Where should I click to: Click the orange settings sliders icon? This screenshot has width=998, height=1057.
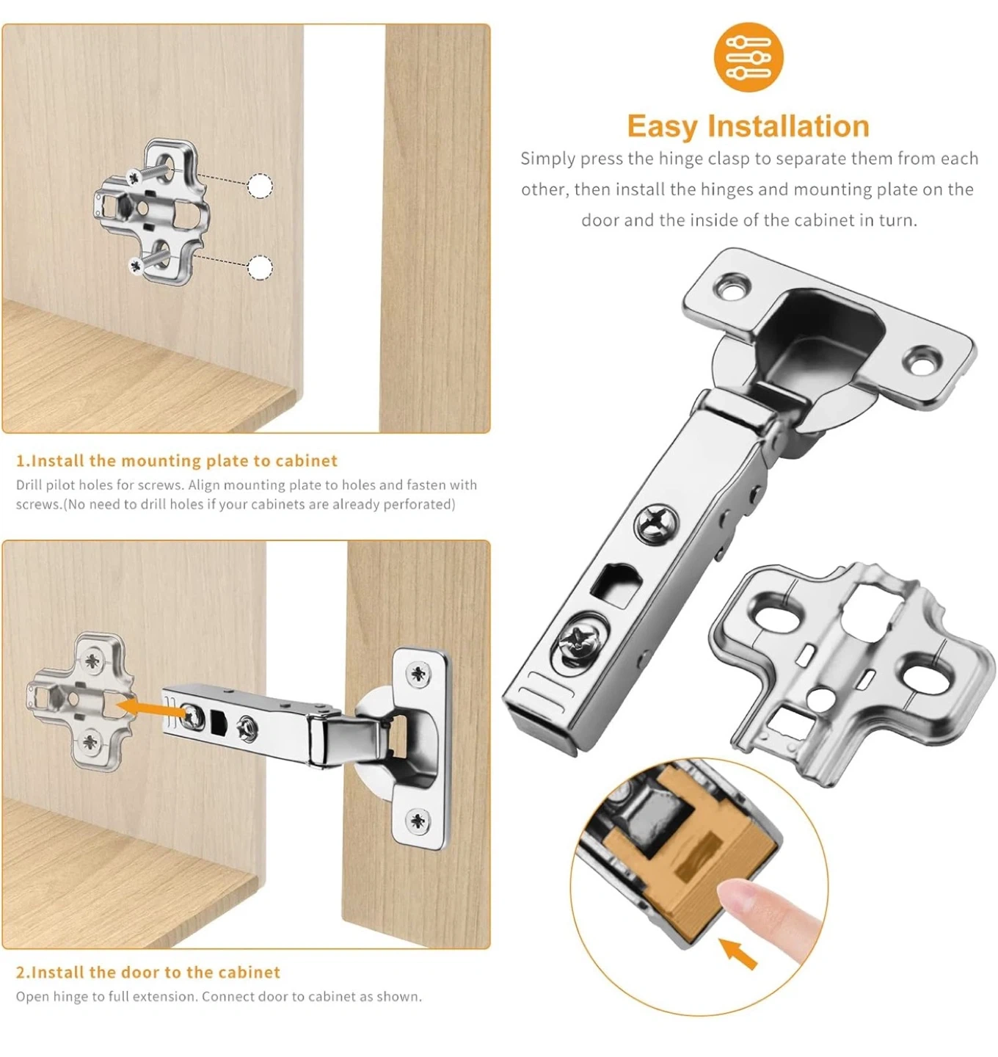coord(748,57)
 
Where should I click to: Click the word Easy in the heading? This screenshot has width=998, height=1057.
coord(662,127)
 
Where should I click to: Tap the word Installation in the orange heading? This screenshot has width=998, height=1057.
coord(787,126)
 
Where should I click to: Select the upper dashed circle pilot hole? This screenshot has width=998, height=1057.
coord(260,186)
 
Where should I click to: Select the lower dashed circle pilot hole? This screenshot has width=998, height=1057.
coord(260,267)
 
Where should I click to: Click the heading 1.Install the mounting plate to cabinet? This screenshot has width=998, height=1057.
coord(177,460)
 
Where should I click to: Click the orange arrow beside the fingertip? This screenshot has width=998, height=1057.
coord(737,954)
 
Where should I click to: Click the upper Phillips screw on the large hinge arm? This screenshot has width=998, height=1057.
coord(658,525)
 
